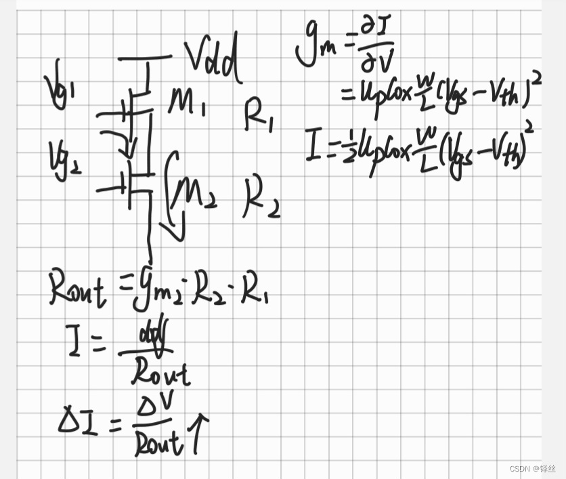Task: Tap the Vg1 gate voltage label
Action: coord(59,88)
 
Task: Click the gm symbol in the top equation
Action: coord(315,51)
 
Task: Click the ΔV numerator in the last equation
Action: coord(157,408)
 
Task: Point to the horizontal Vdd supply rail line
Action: coord(145,58)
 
